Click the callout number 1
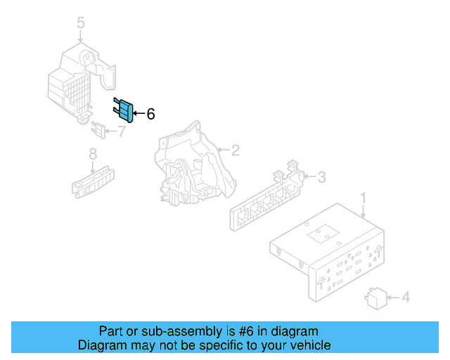click(364, 199)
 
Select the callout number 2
click(236, 150)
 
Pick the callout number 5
click(80, 24)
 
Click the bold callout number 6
click(150, 114)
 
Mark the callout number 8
click(92, 154)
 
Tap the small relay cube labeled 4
click(374, 297)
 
